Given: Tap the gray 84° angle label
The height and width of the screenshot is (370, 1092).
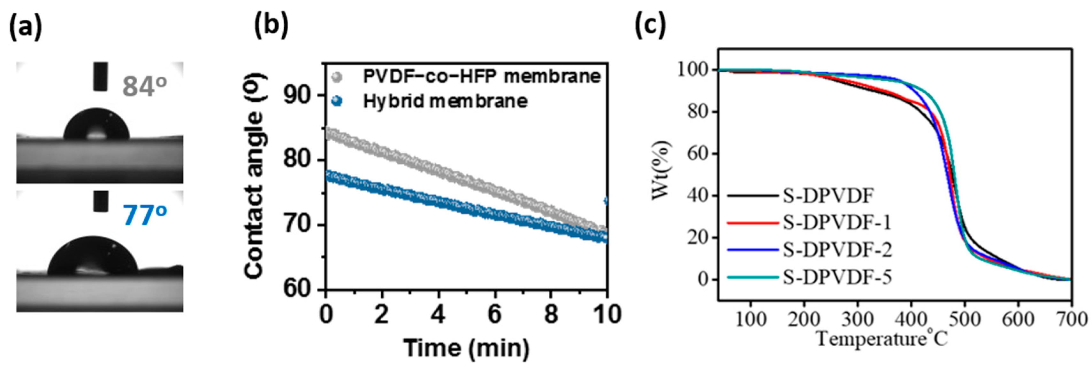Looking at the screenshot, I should [x=144, y=86].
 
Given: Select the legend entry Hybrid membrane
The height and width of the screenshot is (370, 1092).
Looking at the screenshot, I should [x=445, y=101].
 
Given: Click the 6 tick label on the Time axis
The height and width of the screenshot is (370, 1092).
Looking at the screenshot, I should [x=494, y=315].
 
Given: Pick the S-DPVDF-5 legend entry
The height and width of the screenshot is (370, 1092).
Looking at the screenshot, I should [x=837, y=277].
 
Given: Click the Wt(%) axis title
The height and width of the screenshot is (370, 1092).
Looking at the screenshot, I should [x=662, y=170].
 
